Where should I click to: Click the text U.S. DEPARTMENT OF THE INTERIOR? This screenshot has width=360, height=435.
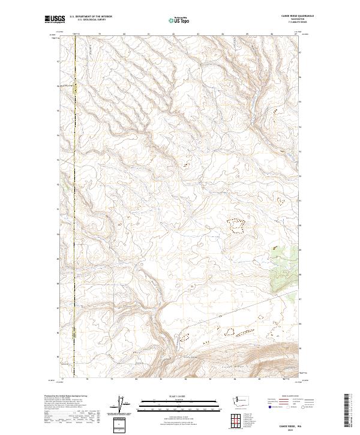[x=91, y=16]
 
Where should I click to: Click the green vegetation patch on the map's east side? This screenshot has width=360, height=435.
[x=287, y=254]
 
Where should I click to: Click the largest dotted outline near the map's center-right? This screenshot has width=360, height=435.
[x=236, y=226]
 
